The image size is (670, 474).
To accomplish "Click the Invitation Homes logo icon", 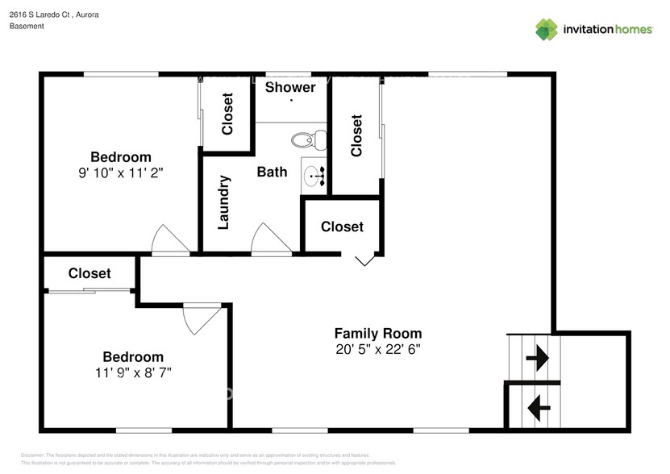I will point(547,29).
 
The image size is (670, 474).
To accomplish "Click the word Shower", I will point(290,87).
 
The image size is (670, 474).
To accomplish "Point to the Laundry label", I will point(225,202).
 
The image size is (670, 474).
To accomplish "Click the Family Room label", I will point(378,333).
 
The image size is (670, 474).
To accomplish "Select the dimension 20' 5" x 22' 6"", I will point(378,349).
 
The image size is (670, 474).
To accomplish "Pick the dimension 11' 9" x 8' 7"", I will point(132,372).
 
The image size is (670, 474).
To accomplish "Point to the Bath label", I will point(272,172).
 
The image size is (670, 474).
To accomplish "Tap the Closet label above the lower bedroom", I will point(89,273).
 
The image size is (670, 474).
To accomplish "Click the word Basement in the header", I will point(27,27).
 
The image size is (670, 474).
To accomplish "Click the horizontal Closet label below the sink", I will point(342,227).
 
